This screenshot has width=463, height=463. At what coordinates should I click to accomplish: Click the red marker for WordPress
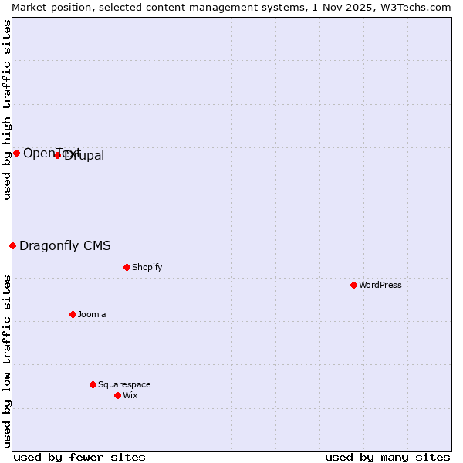353,285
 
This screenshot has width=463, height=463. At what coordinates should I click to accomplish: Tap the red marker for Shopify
127,267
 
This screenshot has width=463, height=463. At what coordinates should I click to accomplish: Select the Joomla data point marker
73,314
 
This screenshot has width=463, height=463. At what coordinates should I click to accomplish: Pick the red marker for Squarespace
93,384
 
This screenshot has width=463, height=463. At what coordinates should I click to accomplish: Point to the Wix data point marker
117,395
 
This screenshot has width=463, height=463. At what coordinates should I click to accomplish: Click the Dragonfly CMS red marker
12,245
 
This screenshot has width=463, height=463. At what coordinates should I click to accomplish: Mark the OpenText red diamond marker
16,153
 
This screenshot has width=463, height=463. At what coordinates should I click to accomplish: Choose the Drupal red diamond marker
57,155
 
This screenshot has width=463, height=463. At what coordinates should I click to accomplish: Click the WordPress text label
380,285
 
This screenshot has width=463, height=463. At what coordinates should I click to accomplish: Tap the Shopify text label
147,267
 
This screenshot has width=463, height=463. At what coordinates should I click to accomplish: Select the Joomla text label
92,314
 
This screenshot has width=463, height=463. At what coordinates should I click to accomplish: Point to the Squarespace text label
124,384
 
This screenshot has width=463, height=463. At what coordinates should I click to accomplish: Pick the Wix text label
130,395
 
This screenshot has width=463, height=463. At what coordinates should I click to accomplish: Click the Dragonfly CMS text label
65,246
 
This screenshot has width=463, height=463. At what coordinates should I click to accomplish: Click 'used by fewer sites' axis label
79,457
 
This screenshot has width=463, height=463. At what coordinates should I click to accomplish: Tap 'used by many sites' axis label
387,457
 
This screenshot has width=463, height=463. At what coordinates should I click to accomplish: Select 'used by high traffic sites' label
8,110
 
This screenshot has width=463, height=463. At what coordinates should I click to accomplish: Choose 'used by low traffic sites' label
8,360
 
